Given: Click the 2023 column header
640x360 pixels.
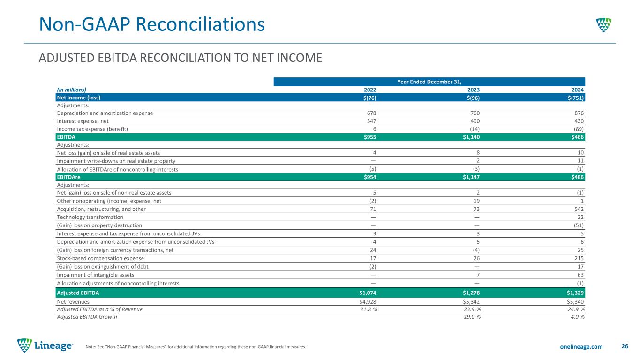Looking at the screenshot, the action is [x=474, y=90].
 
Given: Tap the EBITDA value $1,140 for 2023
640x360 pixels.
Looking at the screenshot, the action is [x=471, y=137].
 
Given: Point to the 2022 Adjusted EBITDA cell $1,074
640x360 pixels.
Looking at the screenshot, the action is [x=368, y=293].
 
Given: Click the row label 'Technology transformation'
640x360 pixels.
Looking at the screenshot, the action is [x=90, y=217].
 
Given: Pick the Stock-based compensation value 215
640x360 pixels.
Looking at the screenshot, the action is [x=579, y=258].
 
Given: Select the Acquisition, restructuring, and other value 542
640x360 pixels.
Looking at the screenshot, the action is [x=579, y=209].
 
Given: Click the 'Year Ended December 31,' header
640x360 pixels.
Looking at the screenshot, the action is [x=429, y=82].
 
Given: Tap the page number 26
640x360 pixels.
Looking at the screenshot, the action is [x=625, y=346].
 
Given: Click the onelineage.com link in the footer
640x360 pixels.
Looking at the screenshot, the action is [x=581, y=347].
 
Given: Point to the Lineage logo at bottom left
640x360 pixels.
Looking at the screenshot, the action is [x=45, y=345].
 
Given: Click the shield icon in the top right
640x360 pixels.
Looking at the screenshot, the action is [x=604, y=25].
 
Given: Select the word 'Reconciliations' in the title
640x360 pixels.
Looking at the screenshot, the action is [x=200, y=24].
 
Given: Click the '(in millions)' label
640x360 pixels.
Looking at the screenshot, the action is [x=71, y=90].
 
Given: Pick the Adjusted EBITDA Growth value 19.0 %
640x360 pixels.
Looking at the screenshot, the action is [x=472, y=317].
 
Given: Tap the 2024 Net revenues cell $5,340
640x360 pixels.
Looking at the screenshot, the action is [x=575, y=302].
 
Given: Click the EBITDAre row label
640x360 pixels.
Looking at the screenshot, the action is [x=68, y=177].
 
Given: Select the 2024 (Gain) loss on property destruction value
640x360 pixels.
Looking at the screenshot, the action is [x=579, y=225].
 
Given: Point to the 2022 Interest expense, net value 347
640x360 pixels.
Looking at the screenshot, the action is [x=371, y=121].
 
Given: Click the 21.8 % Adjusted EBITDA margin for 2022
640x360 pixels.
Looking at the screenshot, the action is [x=369, y=309].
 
